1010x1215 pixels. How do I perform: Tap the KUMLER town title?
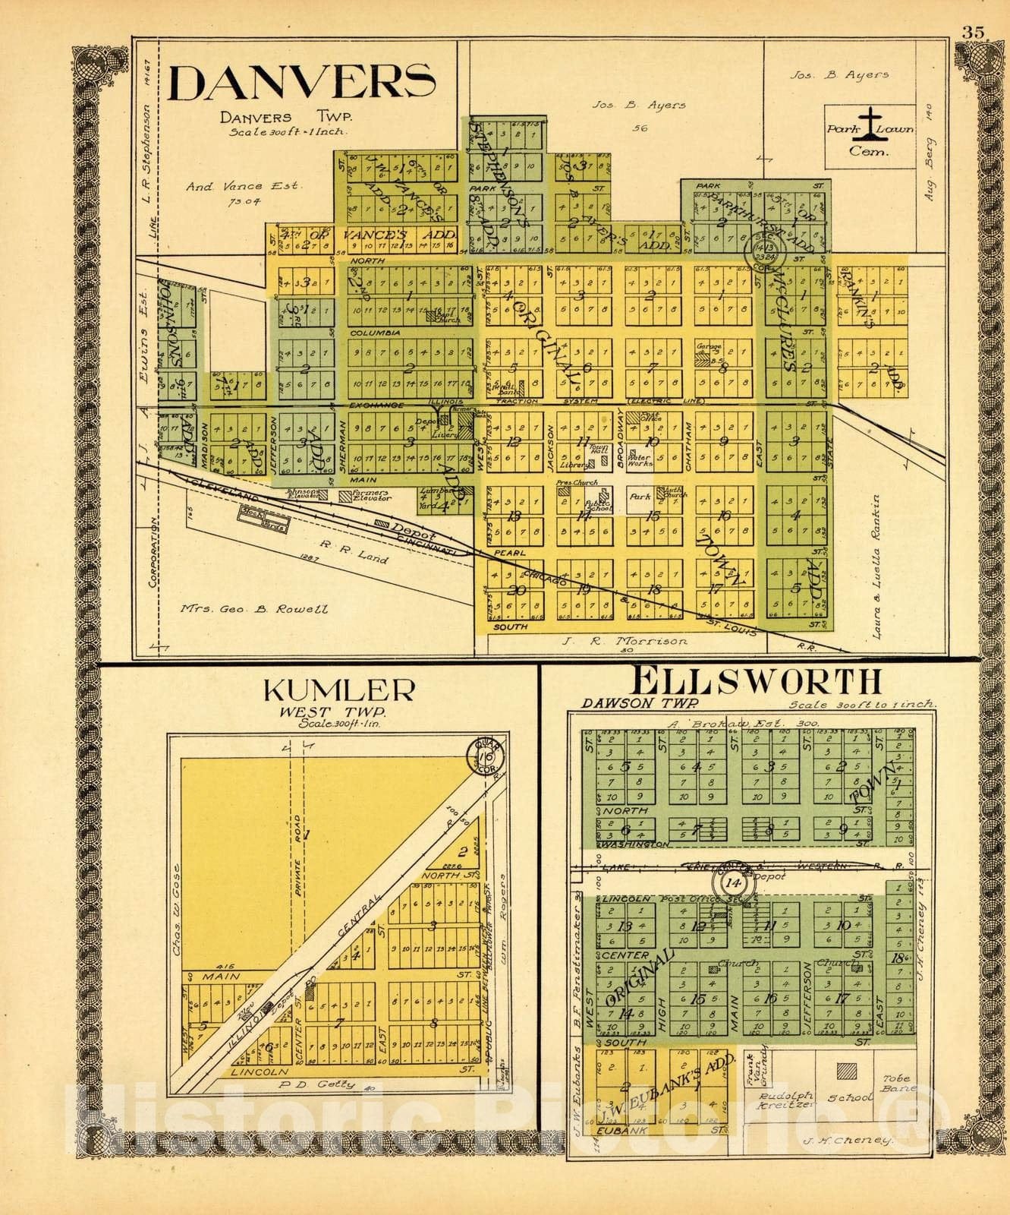tap(338, 692)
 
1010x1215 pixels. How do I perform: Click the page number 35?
tap(973, 33)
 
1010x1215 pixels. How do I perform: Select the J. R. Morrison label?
tap(625, 642)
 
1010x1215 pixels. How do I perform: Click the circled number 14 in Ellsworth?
tap(732, 884)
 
